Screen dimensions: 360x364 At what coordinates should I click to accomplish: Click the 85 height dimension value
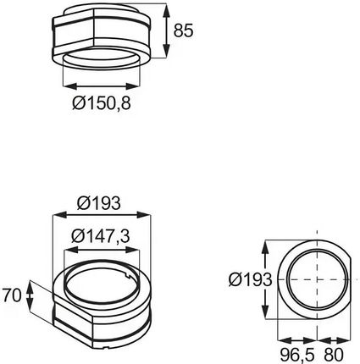pyautogui.click(x=183, y=30)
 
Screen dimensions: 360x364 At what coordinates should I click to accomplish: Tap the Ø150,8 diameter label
pyautogui.click(x=102, y=102)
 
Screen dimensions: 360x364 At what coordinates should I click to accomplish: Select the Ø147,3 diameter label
pyautogui.click(x=101, y=236)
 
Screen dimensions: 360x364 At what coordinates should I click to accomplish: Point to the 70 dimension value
pyautogui.click(x=12, y=295)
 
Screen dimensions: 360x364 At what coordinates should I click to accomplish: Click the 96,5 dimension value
pyautogui.click(x=298, y=355)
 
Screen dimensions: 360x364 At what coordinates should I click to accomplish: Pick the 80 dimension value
pyautogui.click(x=334, y=355)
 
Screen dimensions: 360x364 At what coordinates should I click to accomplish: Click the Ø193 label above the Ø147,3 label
pyautogui.click(x=99, y=203)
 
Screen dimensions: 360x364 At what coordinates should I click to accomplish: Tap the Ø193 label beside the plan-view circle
pyautogui.click(x=250, y=279)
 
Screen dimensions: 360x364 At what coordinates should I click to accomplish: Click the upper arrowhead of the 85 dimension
pyautogui.click(x=167, y=11)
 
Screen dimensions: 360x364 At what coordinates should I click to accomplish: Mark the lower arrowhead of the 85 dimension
pyautogui.click(x=167, y=51)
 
